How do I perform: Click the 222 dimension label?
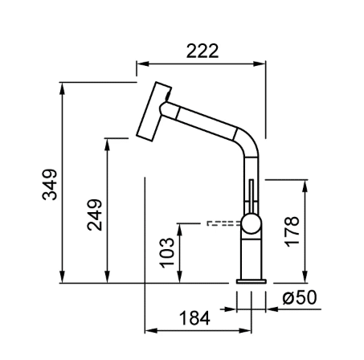202,51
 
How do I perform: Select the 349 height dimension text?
50,185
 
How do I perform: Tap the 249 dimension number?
95,215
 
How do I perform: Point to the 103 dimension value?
166,252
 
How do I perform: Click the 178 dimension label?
292,231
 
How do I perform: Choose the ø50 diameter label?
300,297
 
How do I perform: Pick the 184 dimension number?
194,318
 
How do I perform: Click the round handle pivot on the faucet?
252,223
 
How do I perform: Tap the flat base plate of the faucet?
252,281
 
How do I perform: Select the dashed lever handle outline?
224,223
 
